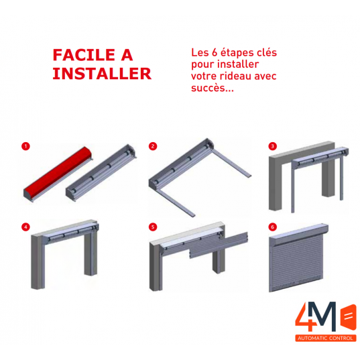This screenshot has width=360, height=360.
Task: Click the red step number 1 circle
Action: click(x=25, y=146)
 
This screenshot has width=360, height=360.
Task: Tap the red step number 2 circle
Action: click(x=153, y=146)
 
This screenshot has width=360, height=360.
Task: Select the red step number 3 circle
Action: click(x=273, y=146)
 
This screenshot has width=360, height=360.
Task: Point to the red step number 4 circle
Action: click(x=25, y=227)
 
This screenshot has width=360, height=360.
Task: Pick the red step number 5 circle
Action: click(x=153, y=227)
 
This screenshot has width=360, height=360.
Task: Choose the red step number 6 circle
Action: click(x=273, y=227)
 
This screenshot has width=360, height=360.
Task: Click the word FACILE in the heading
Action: click(x=84, y=55)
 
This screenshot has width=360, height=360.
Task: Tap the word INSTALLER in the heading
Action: click(x=102, y=74)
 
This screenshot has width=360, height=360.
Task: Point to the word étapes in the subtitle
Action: click(x=238, y=53)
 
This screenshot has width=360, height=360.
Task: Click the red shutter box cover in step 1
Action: click(x=58, y=174)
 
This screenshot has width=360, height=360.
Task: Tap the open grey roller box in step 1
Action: click(x=101, y=173)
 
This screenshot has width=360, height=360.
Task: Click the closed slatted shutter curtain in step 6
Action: click(x=296, y=266)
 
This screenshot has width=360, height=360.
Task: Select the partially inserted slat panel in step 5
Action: click(x=219, y=245)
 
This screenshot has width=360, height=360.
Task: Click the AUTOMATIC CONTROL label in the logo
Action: click(x=325, y=338)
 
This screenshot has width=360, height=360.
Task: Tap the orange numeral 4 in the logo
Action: click(x=305, y=317)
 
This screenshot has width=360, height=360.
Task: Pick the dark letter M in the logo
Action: click(x=325, y=317)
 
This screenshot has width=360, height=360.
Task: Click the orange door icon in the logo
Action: click(x=349, y=317)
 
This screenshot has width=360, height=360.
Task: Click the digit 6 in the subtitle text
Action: click(x=215, y=52)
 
